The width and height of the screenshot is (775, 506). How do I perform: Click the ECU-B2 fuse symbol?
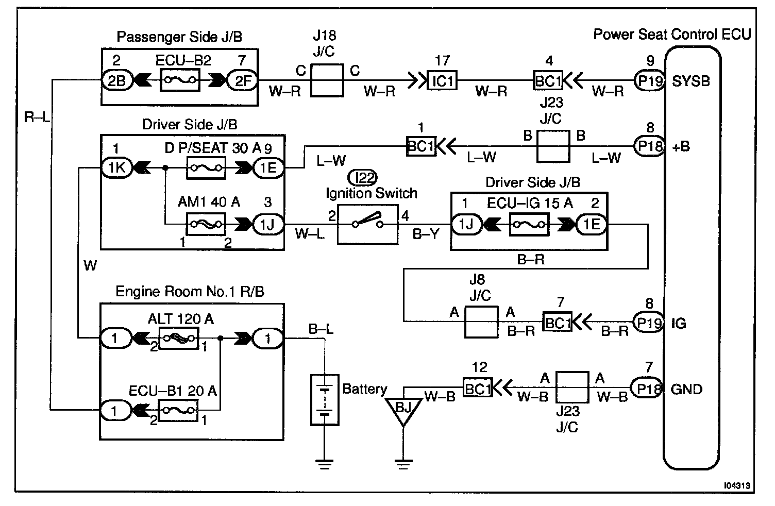pyautogui.click(x=180, y=80)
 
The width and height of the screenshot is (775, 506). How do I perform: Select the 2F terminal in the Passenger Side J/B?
pyautogui.click(x=243, y=81)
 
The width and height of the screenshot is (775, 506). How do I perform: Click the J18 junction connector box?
pyautogui.click(x=327, y=80)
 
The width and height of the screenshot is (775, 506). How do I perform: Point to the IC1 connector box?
pyautogui.click(x=442, y=80)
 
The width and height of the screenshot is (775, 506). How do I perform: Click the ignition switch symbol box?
pyautogui.click(x=368, y=225)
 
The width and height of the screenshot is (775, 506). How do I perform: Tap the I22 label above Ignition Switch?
pyautogui.click(x=362, y=178)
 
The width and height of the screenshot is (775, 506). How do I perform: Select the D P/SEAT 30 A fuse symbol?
pyautogui.click(x=206, y=168)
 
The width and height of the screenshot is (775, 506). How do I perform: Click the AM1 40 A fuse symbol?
pyautogui.click(x=206, y=225)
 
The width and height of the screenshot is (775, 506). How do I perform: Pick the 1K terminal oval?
pyautogui.click(x=117, y=168)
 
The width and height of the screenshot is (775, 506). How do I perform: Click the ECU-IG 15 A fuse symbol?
pyautogui.click(x=529, y=225)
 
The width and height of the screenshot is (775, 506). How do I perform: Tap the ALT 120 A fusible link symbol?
pyautogui.click(x=179, y=338)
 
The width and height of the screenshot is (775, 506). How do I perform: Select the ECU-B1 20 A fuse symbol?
pyautogui.click(x=178, y=411)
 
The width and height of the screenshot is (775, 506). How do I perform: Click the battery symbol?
pyautogui.click(x=325, y=400)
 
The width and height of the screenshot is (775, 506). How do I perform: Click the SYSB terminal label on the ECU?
pyautogui.click(x=690, y=81)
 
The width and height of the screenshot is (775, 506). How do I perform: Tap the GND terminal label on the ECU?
pyautogui.click(x=686, y=390)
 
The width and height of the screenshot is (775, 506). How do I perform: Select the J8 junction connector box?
pyautogui.click(x=481, y=322)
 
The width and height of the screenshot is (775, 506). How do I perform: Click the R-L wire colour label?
pyautogui.click(x=37, y=117)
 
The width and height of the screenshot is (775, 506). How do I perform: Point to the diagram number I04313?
pyautogui.click(x=737, y=485)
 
